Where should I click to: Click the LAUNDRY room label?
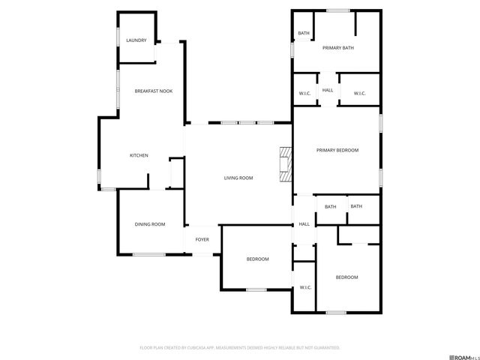tap(136, 40)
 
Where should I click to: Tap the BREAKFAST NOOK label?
tap(153, 91)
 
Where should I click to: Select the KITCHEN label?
tap(139, 155)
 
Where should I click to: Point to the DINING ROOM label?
tap(149, 224)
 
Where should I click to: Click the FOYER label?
tap(202, 239)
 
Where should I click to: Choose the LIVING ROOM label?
tap(238, 178)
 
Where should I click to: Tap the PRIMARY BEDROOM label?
tap(337, 150)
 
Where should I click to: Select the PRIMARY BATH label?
tap(337, 48)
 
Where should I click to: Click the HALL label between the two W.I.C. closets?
tap(328, 90)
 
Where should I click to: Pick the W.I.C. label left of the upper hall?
tap(305, 93)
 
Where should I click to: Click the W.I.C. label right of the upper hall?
tap(358, 93)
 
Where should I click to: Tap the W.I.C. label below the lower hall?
tap(305, 287)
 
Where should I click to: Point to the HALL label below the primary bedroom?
tap(304, 224)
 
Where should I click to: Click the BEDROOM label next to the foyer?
tap(257, 259)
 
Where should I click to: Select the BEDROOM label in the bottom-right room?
tap(346, 277)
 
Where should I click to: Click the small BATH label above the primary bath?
tap(304, 33)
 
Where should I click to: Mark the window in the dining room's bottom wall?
tap(149, 254)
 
